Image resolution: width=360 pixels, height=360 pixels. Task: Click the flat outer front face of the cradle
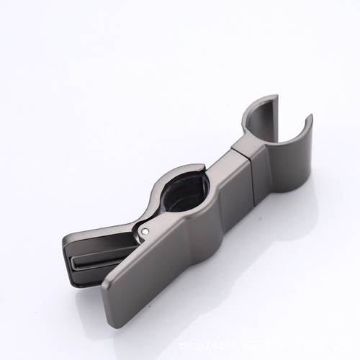tap(288, 173)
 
